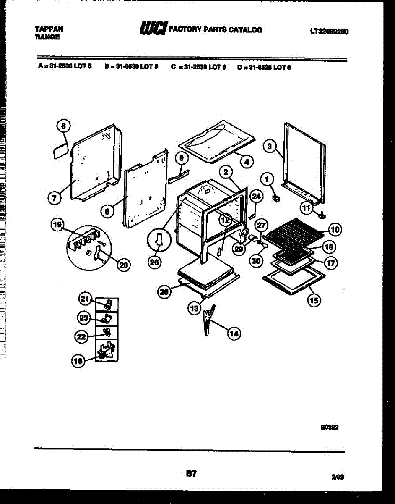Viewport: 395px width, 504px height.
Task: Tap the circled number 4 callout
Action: tap(247, 161)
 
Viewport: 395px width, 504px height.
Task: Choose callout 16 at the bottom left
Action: tap(77, 361)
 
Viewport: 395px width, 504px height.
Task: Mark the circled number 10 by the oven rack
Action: tap(335, 229)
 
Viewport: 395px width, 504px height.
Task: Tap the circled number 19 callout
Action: tap(56, 225)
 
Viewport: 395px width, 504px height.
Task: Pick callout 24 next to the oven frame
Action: tap(256, 196)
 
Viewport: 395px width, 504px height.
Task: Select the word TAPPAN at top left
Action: tap(49, 29)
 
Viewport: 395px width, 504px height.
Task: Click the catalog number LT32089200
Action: tap(330, 31)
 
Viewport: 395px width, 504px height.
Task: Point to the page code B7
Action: tap(191, 474)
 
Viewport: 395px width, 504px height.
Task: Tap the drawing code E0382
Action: tap(329, 427)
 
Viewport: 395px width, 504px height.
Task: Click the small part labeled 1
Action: tap(276, 198)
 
